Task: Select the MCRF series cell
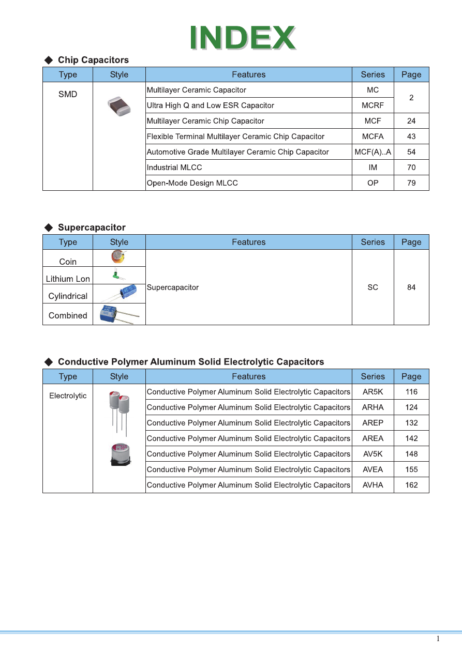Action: click(372, 105)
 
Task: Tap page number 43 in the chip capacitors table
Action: click(411, 136)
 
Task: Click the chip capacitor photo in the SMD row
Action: click(119, 106)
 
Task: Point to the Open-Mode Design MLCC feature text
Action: click(192, 183)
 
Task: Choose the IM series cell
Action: click(372, 168)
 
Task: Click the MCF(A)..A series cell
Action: click(372, 152)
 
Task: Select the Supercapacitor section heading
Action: click(92, 227)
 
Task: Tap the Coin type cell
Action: click(68, 262)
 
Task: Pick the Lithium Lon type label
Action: click(68, 279)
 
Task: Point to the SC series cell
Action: click(372, 287)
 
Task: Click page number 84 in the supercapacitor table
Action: click(411, 287)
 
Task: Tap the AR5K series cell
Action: click(372, 392)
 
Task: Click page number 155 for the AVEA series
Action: click(411, 469)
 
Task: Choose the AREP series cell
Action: click(372, 423)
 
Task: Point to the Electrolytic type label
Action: click(68, 396)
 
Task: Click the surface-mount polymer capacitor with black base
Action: click(120, 454)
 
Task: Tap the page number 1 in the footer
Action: click(438, 639)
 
